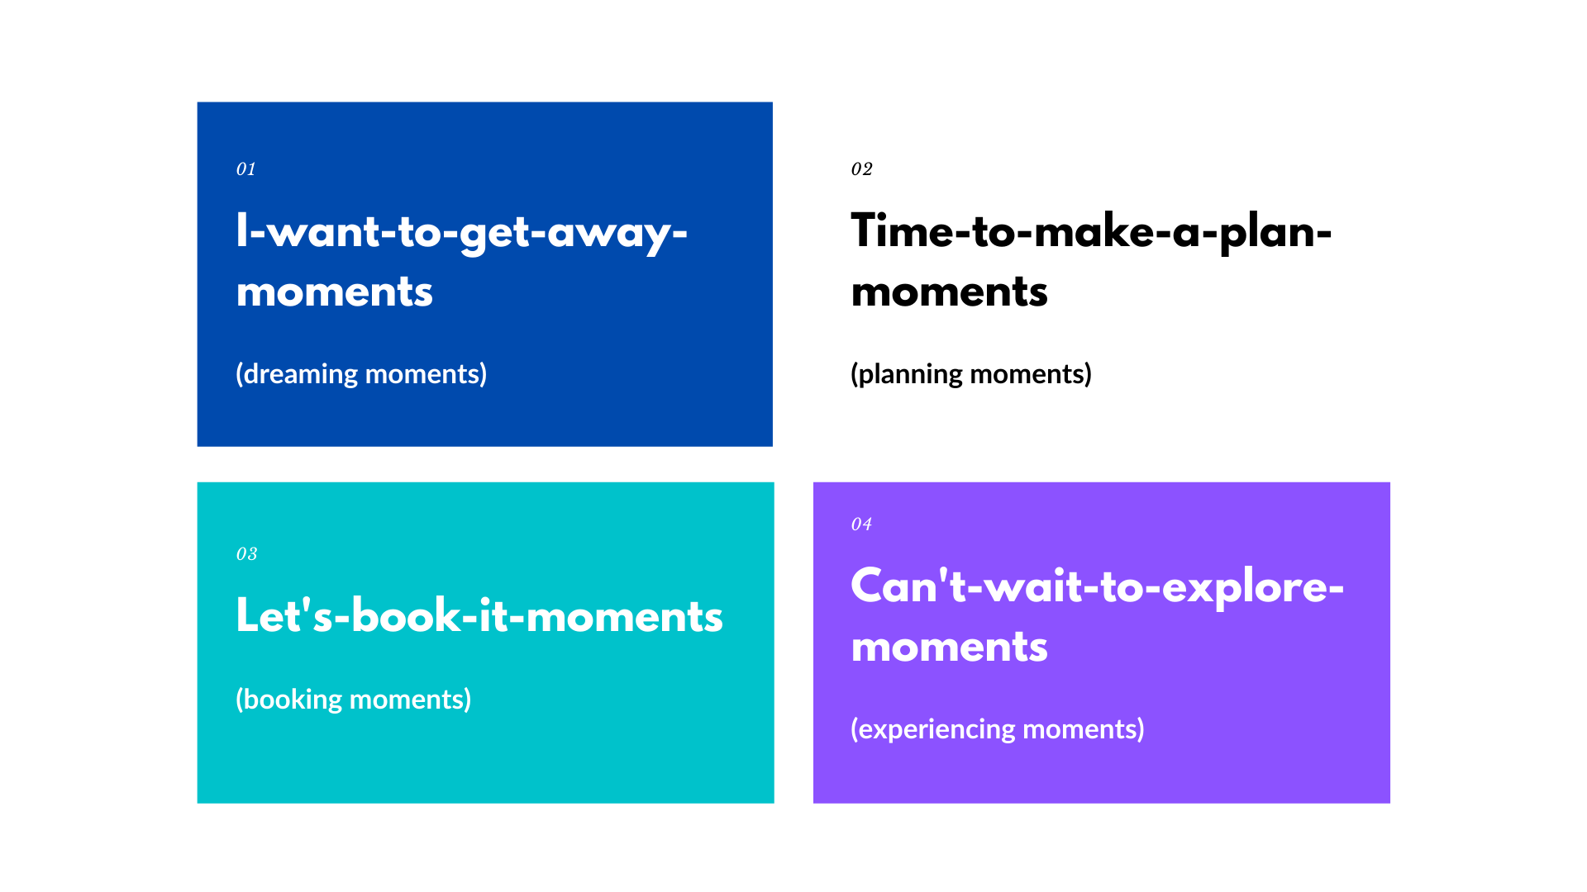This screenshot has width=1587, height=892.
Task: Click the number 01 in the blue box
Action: [246, 169]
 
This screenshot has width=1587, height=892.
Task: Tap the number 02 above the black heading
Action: [862, 169]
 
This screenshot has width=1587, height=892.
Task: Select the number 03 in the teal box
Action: [247, 554]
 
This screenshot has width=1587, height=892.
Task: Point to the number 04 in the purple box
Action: [862, 524]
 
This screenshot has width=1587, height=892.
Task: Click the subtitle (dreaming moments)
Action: [361, 374]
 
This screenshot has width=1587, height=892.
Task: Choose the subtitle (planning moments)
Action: [971, 374]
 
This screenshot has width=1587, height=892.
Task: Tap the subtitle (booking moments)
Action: [354, 700]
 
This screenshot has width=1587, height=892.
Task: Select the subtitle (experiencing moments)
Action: [998, 729]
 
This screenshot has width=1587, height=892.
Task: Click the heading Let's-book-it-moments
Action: [479, 616]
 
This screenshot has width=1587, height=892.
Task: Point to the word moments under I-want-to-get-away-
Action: [335, 292]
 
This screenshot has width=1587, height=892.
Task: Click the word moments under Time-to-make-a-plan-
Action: [950, 292]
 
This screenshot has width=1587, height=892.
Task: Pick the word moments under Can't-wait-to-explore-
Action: [950, 648]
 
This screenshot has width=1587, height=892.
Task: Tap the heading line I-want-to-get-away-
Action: [462, 233]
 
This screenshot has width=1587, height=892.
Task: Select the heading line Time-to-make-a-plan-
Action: [1092, 233]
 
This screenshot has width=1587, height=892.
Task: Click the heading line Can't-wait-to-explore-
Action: [1098, 587]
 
